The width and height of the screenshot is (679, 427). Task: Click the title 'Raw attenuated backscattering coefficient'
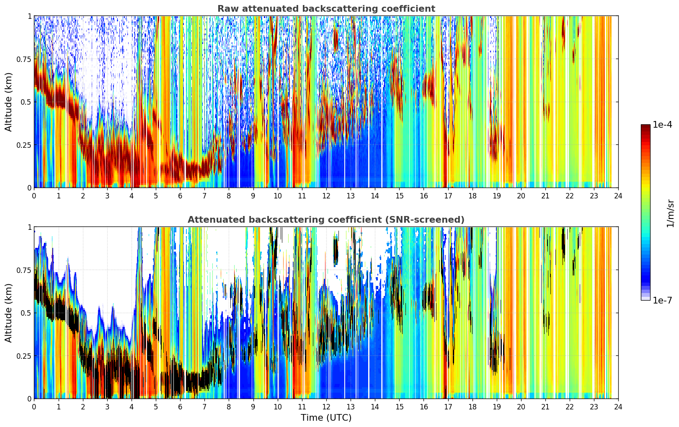pyautogui.click(x=326, y=8)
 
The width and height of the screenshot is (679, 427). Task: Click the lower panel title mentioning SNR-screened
pyautogui.click(x=326, y=219)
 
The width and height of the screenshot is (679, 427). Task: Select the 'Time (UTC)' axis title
pyautogui.click(x=326, y=418)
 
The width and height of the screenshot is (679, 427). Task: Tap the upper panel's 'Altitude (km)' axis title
pyautogui.click(x=8, y=102)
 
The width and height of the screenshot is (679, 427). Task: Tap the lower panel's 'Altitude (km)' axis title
pyautogui.click(x=8, y=313)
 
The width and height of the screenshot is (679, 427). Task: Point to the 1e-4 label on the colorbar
pyautogui.click(x=662, y=124)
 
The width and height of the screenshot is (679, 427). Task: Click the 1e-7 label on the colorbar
pyautogui.click(x=662, y=301)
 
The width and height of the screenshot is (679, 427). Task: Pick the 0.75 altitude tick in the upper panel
pyautogui.click(x=24, y=59)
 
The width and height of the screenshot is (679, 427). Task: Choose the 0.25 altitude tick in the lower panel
pyautogui.click(x=24, y=356)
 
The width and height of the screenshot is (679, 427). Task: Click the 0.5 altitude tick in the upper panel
pyautogui.click(x=26, y=102)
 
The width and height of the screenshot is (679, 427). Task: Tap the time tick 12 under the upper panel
pyautogui.click(x=326, y=196)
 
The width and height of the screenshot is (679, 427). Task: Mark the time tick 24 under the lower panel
pyautogui.click(x=618, y=407)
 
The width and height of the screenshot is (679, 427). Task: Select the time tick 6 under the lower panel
pyautogui.click(x=180, y=407)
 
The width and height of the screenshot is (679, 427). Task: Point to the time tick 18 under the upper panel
pyautogui.click(x=472, y=196)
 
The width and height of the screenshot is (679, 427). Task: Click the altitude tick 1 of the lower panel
pyautogui.click(x=30, y=227)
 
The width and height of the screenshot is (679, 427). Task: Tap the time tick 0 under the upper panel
pyautogui.click(x=34, y=196)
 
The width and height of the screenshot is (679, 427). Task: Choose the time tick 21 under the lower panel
pyautogui.click(x=545, y=407)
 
